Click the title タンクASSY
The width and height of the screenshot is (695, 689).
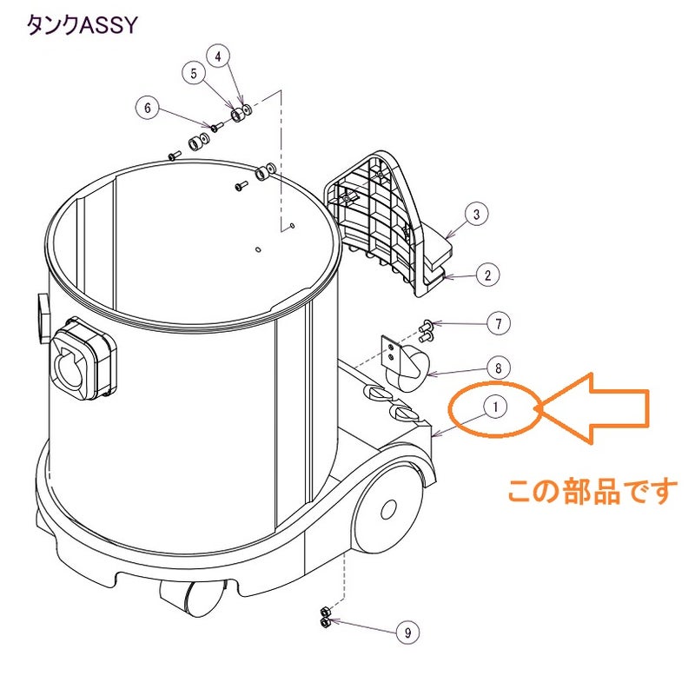tap(83, 25)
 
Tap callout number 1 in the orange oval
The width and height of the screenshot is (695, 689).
tap(495, 407)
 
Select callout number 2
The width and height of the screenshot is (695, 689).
tap(487, 275)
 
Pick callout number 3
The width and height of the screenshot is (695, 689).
tap(476, 214)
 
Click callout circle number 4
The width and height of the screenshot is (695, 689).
tap(218, 56)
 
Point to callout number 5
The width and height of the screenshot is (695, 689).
tap(194, 73)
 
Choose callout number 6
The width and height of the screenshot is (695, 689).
tap(148, 108)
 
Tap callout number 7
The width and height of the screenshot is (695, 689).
tap(499, 324)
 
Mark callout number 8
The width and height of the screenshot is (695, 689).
tap(499, 368)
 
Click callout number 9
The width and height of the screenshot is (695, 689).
tap(407, 633)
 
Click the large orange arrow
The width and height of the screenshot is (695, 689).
tap(594, 408)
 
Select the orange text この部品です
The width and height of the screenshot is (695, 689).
tap(592, 491)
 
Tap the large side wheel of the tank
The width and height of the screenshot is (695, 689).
tap(387, 508)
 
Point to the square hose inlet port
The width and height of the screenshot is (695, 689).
tap(83, 358)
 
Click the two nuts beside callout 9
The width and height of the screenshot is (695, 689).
tap(325, 617)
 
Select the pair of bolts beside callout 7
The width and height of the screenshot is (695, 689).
tap(426, 332)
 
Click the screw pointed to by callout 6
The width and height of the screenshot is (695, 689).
tap(216, 126)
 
